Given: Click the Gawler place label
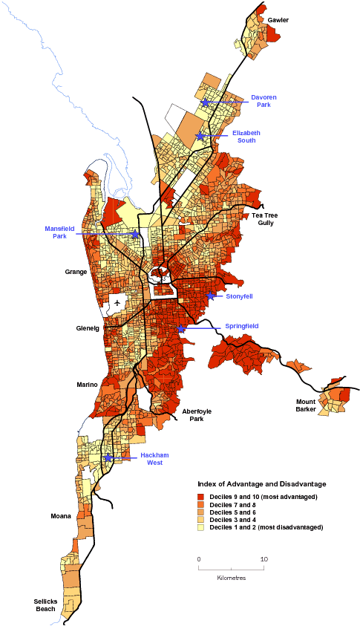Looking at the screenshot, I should click(x=279, y=19).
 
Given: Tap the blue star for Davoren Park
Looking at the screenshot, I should click(x=205, y=102).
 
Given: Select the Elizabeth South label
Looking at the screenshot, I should click(x=246, y=136).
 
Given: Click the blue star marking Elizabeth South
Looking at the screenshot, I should click(x=200, y=136).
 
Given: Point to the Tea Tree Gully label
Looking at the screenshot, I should click(x=266, y=219).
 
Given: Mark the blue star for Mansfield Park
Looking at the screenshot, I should click(x=135, y=234).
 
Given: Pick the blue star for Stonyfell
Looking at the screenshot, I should click(x=211, y=296).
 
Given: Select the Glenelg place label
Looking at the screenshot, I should click(x=88, y=327).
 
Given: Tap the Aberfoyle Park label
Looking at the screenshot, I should click(x=192, y=414).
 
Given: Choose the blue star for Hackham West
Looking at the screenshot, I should click(x=108, y=457).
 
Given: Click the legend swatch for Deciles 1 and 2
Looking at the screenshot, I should click(x=200, y=526).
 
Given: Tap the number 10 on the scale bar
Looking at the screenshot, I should click(x=263, y=558).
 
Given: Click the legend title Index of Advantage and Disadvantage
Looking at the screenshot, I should click(x=256, y=483).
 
